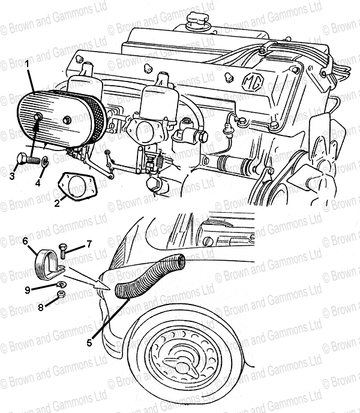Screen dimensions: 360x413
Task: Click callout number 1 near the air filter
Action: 26,64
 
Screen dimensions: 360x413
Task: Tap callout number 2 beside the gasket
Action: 57,203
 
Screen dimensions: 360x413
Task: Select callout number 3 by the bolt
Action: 12,176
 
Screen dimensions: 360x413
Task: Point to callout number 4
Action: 38,183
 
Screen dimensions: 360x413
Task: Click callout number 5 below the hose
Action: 89,343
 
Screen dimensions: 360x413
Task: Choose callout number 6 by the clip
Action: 25,241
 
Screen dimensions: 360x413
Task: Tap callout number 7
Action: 89,244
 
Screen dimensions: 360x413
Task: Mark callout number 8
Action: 41,308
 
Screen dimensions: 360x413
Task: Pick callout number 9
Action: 28,290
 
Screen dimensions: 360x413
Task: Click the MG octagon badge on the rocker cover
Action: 254,82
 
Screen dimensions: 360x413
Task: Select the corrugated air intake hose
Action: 149,275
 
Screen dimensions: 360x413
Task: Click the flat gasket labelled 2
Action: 76,186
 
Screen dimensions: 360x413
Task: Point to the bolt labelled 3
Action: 28,159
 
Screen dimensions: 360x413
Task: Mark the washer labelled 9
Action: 62,285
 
